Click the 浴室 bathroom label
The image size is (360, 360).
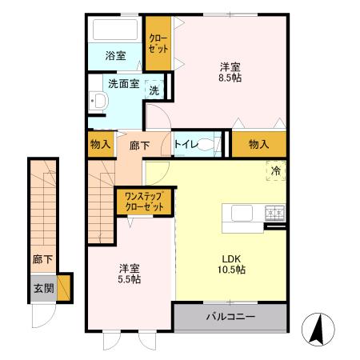pos(116,56)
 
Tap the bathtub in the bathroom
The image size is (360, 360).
pos(116,30)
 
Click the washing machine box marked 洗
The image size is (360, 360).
pos(154,90)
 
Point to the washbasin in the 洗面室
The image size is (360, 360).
pos(99,101)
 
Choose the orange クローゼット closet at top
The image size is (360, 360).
pos(158,45)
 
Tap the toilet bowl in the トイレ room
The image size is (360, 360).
pos(206,145)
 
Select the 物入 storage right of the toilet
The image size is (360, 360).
pos(258,144)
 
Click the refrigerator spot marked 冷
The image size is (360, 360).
pos(275,170)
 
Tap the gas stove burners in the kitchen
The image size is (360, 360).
pos(275,212)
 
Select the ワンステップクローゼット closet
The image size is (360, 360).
pos(145,201)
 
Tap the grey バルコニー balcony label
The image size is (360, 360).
pos(230,318)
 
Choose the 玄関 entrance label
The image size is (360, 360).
pos(42,288)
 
